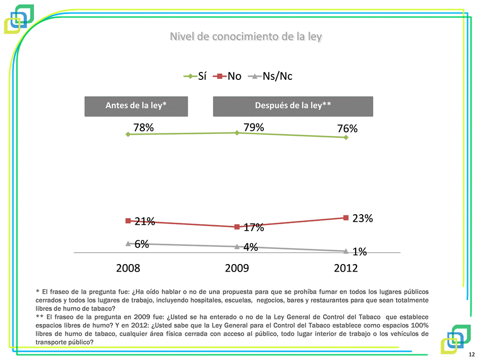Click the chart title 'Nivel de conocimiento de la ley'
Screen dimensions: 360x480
pyautogui.click(x=246, y=36)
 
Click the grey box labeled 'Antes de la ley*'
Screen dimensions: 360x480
pyautogui.click(x=136, y=106)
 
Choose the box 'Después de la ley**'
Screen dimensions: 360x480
pyautogui.click(x=293, y=106)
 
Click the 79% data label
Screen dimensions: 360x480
pyautogui.click(x=254, y=127)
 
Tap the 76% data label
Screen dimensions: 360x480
pyautogui.click(x=347, y=129)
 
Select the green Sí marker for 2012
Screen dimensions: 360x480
pyautogui.click(x=346, y=137)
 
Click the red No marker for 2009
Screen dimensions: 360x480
pyautogui.click(x=237, y=227)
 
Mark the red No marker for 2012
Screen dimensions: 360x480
pyautogui.click(x=346, y=218)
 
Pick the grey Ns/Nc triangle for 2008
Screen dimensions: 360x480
pyautogui.click(x=128, y=243)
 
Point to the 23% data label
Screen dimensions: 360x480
pyautogui.click(x=363, y=218)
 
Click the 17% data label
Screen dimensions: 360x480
pyautogui.click(x=254, y=228)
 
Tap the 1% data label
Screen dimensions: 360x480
pyautogui.click(x=360, y=252)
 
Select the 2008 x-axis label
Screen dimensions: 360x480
pyautogui.click(x=128, y=268)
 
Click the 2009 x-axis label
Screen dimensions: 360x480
pyautogui.click(x=237, y=268)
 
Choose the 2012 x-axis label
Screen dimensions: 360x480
pyautogui.click(x=346, y=268)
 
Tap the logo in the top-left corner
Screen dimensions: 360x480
pyautogui.click(x=19, y=18)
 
